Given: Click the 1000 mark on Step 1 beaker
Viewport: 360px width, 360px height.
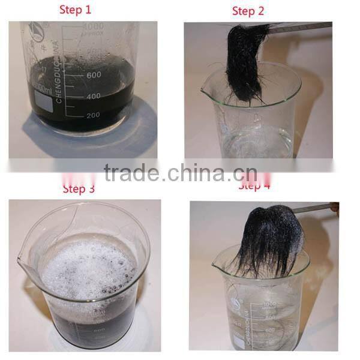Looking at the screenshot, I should (94, 27).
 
